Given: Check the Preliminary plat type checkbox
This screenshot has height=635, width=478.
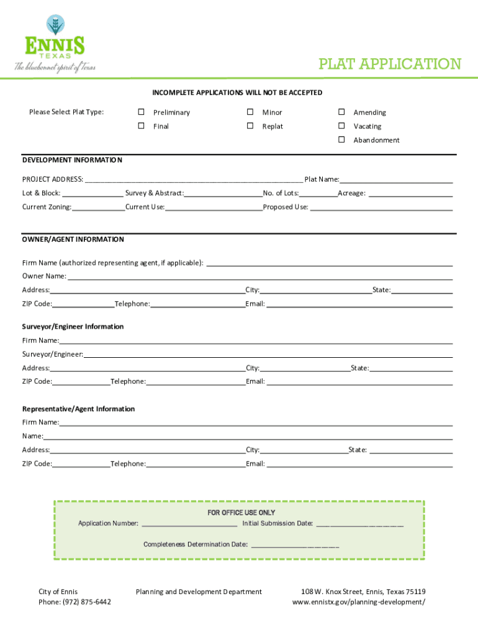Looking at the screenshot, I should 141,112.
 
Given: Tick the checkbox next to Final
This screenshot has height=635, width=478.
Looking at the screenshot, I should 141,126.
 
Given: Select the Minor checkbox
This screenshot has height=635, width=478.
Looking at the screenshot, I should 250,112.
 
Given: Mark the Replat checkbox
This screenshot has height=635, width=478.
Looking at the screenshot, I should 250,126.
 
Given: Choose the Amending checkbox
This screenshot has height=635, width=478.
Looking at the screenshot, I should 341,112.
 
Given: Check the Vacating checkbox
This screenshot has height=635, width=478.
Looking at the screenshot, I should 341,126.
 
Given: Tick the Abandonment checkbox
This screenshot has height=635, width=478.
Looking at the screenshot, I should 341,140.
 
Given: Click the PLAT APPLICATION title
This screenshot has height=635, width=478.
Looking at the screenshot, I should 389,64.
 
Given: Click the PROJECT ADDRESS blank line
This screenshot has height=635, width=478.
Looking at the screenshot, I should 194,180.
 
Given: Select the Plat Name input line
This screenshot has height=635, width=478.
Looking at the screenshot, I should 396,180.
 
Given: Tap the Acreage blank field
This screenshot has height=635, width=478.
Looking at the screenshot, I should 410,193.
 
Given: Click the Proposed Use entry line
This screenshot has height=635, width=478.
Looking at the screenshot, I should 381,208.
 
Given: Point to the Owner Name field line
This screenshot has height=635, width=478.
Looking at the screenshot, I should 259,277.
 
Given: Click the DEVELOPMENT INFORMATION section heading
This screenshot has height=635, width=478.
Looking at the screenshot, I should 73,160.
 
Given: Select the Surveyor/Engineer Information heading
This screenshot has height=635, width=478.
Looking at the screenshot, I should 73,327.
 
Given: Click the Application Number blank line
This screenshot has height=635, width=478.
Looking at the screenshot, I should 189,524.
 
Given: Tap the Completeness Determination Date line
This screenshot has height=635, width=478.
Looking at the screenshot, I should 295,545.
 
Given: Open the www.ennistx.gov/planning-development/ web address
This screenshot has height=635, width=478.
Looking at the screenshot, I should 359,602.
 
